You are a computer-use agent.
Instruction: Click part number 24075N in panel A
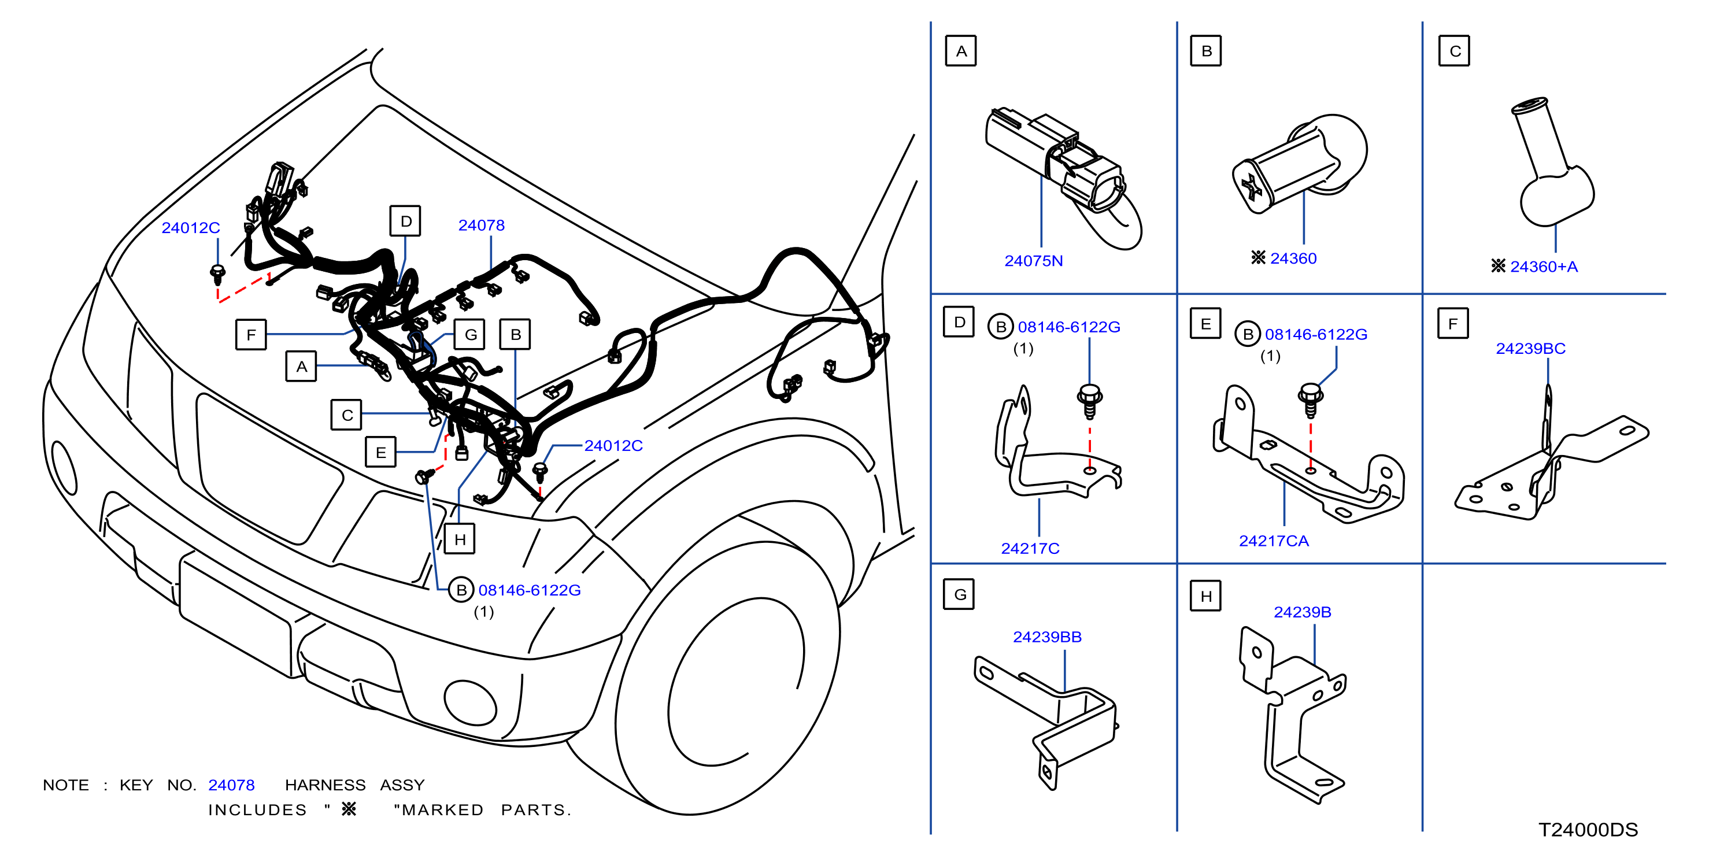tap(1033, 261)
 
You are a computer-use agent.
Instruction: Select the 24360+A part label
tap(1543, 267)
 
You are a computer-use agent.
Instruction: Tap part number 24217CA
tap(1273, 541)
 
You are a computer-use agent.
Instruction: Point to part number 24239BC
tap(1530, 349)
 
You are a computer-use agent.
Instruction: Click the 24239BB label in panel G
tap(1046, 637)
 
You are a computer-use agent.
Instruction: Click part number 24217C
tap(1030, 549)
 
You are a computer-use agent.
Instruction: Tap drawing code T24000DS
tap(1588, 830)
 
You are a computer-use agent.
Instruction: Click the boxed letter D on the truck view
tap(405, 221)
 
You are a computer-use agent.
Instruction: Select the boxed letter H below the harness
tap(460, 539)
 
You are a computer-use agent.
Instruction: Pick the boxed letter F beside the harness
tap(251, 334)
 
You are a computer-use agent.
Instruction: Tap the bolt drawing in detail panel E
tap(1310, 400)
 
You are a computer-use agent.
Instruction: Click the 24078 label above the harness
tap(481, 225)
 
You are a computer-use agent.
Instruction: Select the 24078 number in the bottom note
tap(231, 785)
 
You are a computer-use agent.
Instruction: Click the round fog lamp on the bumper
tap(471, 702)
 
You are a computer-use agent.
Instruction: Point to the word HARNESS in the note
tap(325, 785)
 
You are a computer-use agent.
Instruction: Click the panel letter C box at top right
tap(1453, 51)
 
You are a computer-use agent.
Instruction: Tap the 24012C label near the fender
tap(613, 446)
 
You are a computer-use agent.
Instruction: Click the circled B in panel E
tap(1247, 334)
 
